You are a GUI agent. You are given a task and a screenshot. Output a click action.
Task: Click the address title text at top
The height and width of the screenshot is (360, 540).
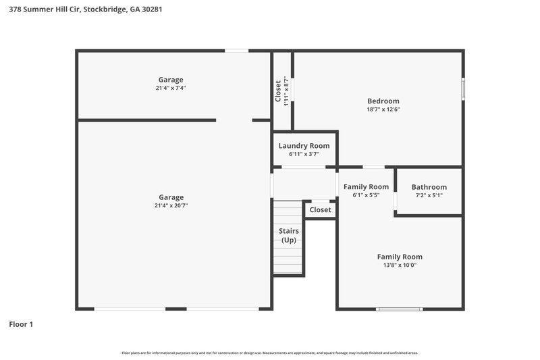pos(85,10)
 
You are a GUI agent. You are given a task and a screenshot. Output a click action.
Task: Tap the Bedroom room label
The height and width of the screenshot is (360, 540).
pos(383,101)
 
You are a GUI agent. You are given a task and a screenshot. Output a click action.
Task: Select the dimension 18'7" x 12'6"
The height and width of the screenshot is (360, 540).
pos(383,109)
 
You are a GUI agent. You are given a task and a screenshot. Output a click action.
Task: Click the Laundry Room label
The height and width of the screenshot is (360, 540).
pos(304,145)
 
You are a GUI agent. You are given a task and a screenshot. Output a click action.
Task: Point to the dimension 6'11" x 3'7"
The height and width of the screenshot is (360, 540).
pos(304,154)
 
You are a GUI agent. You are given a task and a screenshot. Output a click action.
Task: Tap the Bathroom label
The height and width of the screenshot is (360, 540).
pos(429,187)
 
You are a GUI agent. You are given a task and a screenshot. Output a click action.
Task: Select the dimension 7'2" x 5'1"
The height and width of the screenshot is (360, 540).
pos(429,196)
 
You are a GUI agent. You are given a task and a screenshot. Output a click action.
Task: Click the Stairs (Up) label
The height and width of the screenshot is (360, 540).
pos(289,235)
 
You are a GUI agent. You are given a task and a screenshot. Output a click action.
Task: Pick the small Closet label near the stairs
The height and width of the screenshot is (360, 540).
pos(320,210)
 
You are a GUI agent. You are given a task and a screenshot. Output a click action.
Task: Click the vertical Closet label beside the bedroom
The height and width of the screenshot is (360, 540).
pos(278,91)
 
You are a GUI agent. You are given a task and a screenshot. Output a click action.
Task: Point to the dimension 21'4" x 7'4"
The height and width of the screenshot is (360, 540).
pos(171,88)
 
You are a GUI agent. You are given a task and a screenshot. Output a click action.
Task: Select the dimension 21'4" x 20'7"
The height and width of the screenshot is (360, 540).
pos(171,205)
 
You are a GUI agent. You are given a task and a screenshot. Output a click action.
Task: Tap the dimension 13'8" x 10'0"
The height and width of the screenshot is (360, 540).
pos(400,265)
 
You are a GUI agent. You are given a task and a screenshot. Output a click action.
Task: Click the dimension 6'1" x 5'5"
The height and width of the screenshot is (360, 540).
pos(366,195)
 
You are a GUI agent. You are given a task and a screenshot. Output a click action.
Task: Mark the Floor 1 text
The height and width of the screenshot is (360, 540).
pos(21,324)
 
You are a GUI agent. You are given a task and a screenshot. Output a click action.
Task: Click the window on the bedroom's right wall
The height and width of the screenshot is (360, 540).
pos(462,89)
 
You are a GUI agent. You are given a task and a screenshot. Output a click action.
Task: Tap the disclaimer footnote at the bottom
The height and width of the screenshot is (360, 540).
pos(269,353)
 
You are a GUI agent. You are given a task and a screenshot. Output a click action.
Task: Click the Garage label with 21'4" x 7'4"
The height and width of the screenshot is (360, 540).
pos(171,80)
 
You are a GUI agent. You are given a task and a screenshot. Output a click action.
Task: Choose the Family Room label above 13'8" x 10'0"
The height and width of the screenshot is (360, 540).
pos(400,257)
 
